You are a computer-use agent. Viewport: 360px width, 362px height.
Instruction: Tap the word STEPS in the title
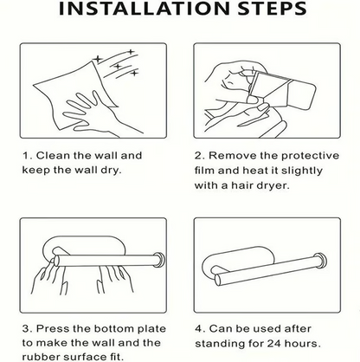tap(273, 9)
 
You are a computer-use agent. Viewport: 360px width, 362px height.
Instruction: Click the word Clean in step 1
tap(54, 156)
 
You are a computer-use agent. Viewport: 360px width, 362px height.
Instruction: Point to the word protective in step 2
tap(310, 156)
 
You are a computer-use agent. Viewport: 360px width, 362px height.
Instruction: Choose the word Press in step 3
tap(53, 329)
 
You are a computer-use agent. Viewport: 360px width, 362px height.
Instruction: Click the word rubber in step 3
tap(41, 357)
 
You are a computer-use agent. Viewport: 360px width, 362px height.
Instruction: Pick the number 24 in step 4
tap(274, 344)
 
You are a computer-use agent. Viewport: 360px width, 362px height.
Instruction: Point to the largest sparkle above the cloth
tap(98, 60)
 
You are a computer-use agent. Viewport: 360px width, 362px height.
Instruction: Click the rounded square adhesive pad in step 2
tap(301, 96)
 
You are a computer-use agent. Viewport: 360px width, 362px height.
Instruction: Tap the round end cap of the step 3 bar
tap(159, 260)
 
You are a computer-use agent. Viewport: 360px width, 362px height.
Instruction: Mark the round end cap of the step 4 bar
tap(320, 260)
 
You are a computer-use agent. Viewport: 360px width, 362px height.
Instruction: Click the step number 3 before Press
tap(26, 329)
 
